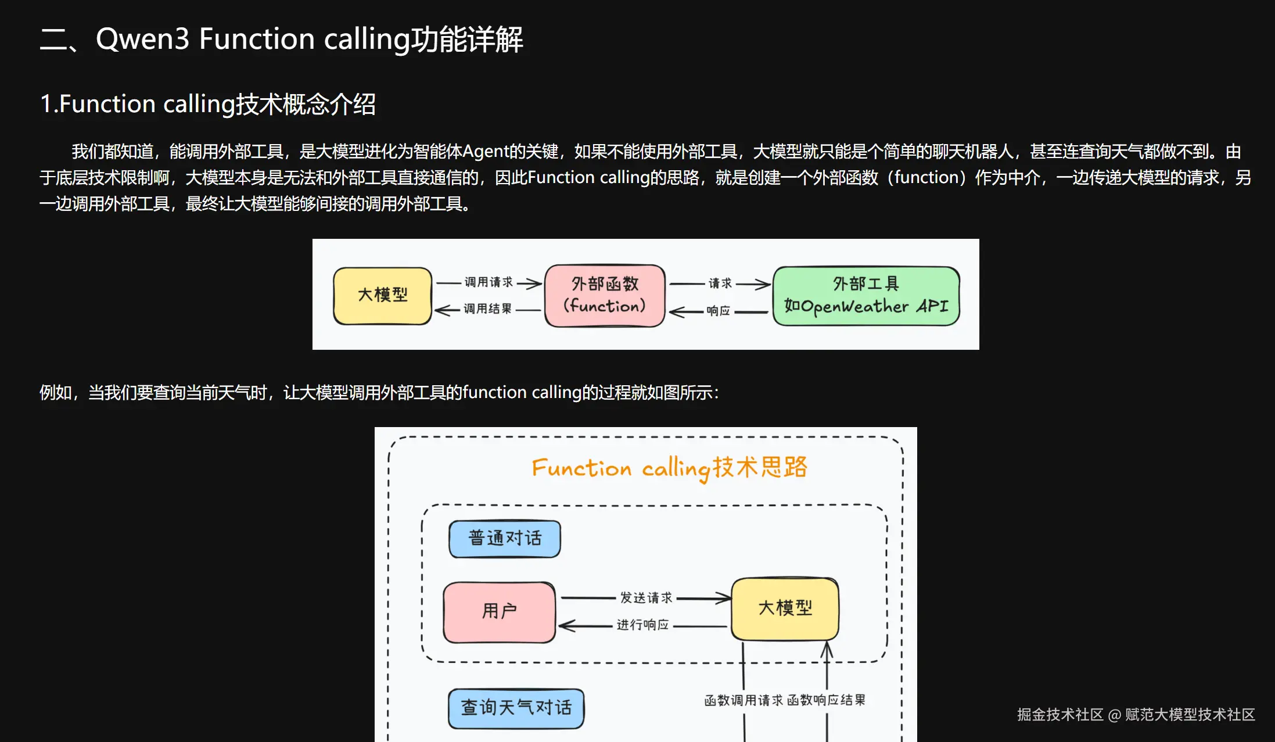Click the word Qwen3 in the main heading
(x=142, y=39)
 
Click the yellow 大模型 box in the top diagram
(x=382, y=295)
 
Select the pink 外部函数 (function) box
(x=605, y=295)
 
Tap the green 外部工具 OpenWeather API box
(x=865, y=296)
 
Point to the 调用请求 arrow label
(x=488, y=282)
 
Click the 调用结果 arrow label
(x=487, y=309)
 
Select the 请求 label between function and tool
(x=720, y=284)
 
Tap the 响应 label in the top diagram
(x=719, y=311)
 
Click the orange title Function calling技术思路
(x=669, y=468)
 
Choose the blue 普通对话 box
(x=505, y=538)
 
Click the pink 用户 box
(x=499, y=611)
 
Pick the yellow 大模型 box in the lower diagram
(x=785, y=608)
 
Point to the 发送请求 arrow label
(x=646, y=598)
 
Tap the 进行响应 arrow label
(x=642, y=625)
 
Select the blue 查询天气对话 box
(x=516, y=708)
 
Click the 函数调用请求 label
(x=744, y=701)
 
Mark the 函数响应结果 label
(x=827, y=701)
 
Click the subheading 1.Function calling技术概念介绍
(x=207, y=105)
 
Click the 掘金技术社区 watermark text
(x=1059, y=715)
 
